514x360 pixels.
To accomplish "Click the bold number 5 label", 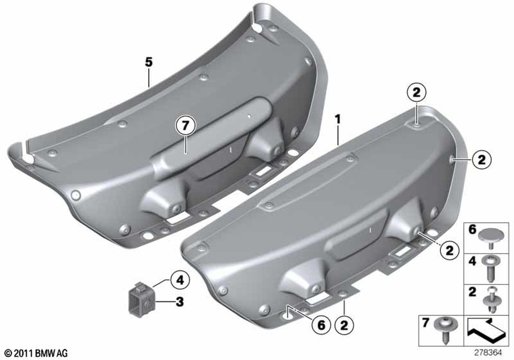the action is [149, 62].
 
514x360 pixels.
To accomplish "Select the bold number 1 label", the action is [338, 119].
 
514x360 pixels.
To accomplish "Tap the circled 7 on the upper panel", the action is [186, 125].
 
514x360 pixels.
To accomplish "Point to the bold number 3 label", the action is [179, 302].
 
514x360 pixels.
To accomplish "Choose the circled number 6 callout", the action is [321, 325].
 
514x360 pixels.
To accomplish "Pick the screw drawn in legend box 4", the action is [490, 269].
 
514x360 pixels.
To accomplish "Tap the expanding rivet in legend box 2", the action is [490, 300].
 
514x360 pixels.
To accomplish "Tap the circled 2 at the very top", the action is [416, 93].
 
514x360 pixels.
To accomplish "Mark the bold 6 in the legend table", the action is [472, 229].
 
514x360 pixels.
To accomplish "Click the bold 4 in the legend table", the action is [472, 261].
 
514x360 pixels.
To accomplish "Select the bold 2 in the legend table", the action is [472, 292].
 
